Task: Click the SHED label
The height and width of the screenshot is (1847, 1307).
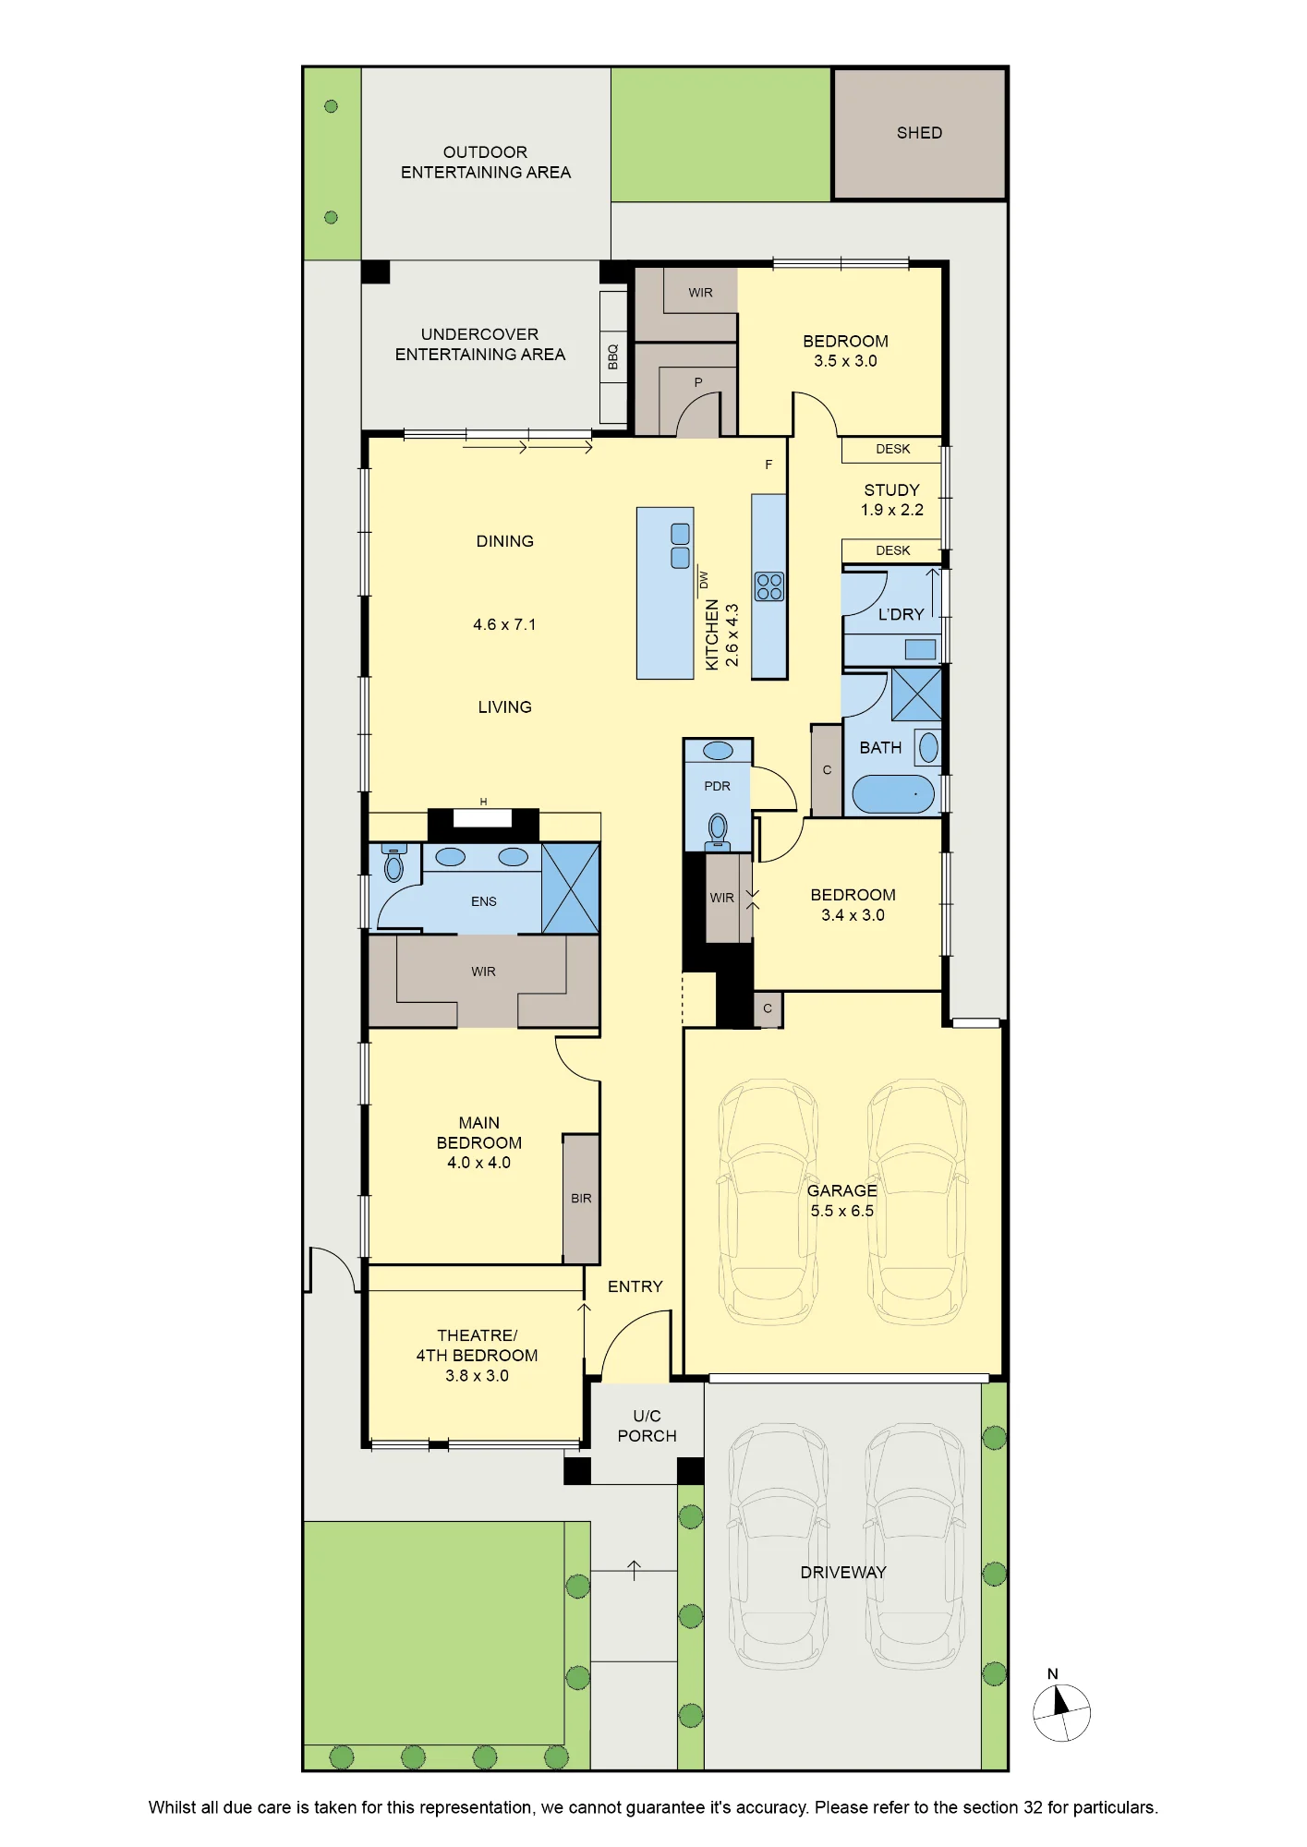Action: (919, 133)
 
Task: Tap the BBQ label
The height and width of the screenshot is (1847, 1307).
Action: (612, 356)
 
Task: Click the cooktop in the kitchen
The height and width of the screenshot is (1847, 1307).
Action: (769, 586)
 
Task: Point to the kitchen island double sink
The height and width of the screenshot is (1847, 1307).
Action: (680, 546)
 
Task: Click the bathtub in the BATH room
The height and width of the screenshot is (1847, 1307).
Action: (893, 794)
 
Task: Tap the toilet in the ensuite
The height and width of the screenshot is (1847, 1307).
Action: (394, 863)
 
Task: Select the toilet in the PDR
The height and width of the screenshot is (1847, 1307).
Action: (718, 831)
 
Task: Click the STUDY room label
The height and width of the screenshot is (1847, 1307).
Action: (891, 490)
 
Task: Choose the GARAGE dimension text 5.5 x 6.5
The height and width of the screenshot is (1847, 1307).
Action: (841, 1211)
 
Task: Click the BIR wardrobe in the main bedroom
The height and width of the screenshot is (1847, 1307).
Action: (581, 1199)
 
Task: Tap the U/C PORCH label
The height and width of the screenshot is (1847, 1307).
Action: (647, 1426)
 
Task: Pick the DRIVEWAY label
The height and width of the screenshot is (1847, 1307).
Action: (843, 1572)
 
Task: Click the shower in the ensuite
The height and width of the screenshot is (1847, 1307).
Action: (571, 887)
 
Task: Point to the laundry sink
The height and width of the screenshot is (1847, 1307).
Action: (920, 649)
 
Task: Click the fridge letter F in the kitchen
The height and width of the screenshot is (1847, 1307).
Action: (768, 465)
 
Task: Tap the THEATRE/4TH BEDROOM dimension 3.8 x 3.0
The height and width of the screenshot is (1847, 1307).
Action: (477, 1375)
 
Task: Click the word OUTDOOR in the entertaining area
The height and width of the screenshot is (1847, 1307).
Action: (485, 152)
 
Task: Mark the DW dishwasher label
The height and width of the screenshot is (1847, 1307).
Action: (704, 580)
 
